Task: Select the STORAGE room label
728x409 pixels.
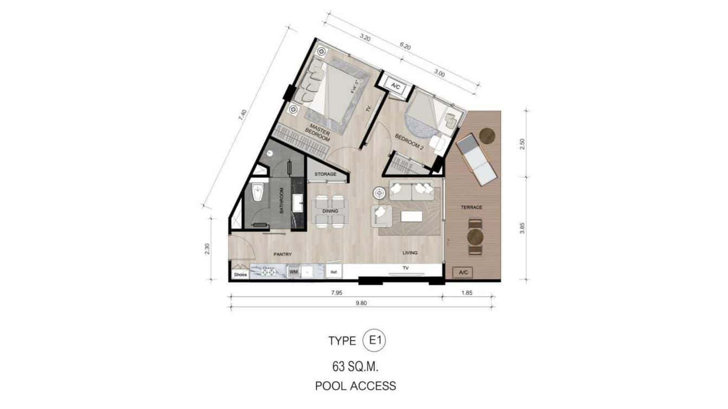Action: (325, 175)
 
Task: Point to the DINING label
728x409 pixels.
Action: (330, 211)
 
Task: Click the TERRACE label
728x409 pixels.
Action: (471, 207)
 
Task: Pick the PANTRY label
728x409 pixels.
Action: (283, 254)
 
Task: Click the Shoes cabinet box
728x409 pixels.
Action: (240, 274)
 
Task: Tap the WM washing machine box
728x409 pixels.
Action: (293, 271)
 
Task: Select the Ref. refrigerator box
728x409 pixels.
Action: (334, 272)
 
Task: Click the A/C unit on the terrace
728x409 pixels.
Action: (463, 272)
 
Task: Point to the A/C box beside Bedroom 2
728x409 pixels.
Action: (395, 85)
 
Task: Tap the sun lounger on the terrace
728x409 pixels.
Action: (476, 160)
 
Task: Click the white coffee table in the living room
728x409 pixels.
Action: (411, 216)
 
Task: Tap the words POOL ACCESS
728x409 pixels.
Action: (355, 386)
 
